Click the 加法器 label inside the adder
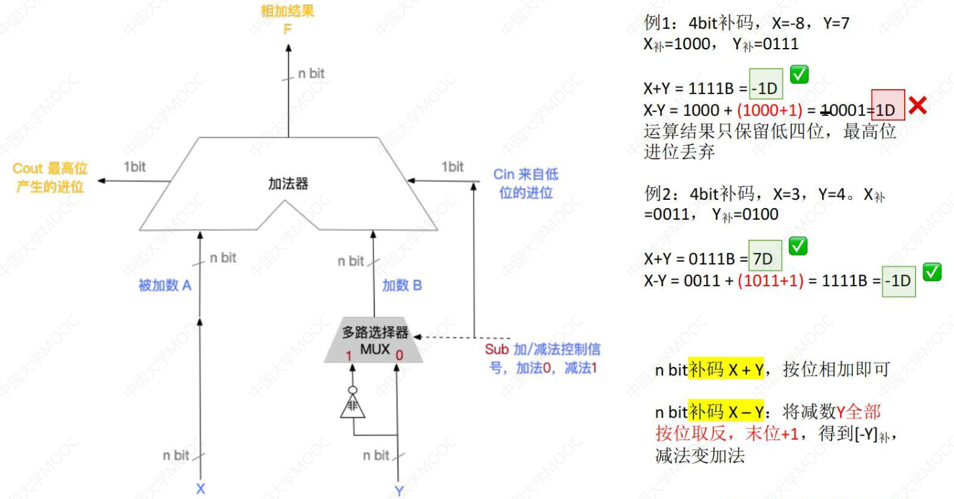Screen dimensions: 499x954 [288, 184]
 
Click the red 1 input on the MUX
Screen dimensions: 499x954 [349, 354]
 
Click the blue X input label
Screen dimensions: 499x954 [200, 489]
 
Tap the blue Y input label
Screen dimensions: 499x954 [399, 491]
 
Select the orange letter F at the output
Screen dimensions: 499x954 [287, 28]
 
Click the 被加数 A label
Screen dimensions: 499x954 [165, 286]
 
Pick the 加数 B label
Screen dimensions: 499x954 [402, 286]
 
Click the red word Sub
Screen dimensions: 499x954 [496, 350]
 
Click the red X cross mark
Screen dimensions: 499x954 [918, 106]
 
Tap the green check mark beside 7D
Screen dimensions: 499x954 [798, 246]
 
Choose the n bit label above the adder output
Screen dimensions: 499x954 [311, 74]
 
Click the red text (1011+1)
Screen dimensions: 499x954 [770, 280]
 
